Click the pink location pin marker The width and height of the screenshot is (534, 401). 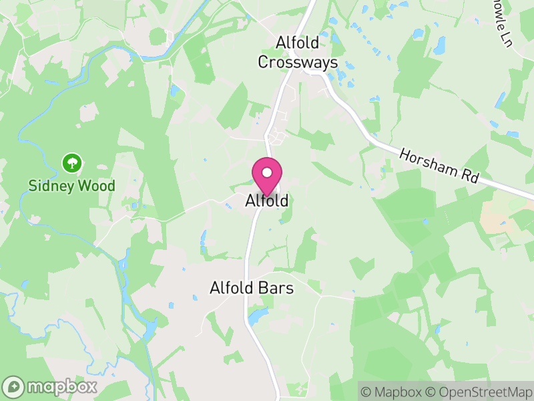click(x=267, y=176)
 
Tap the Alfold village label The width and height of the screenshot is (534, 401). click(x=267, y=200)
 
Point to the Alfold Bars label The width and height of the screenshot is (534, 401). click(x=252, y=288)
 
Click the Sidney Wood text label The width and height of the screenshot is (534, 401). click(x=72, y=186)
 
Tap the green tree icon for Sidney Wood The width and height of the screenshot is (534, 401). click(x=71, y=162)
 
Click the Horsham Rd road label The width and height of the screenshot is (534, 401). click(x=439, y=166)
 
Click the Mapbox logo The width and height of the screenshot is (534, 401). click(x=50, y=386)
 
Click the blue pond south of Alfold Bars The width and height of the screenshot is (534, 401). click(x=256, y=315)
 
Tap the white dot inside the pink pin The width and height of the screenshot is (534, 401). click(x=267, y=172)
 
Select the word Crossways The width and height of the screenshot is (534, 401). click(x=307, y=62)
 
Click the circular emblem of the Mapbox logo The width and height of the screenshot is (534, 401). click(x=14, y=386)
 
